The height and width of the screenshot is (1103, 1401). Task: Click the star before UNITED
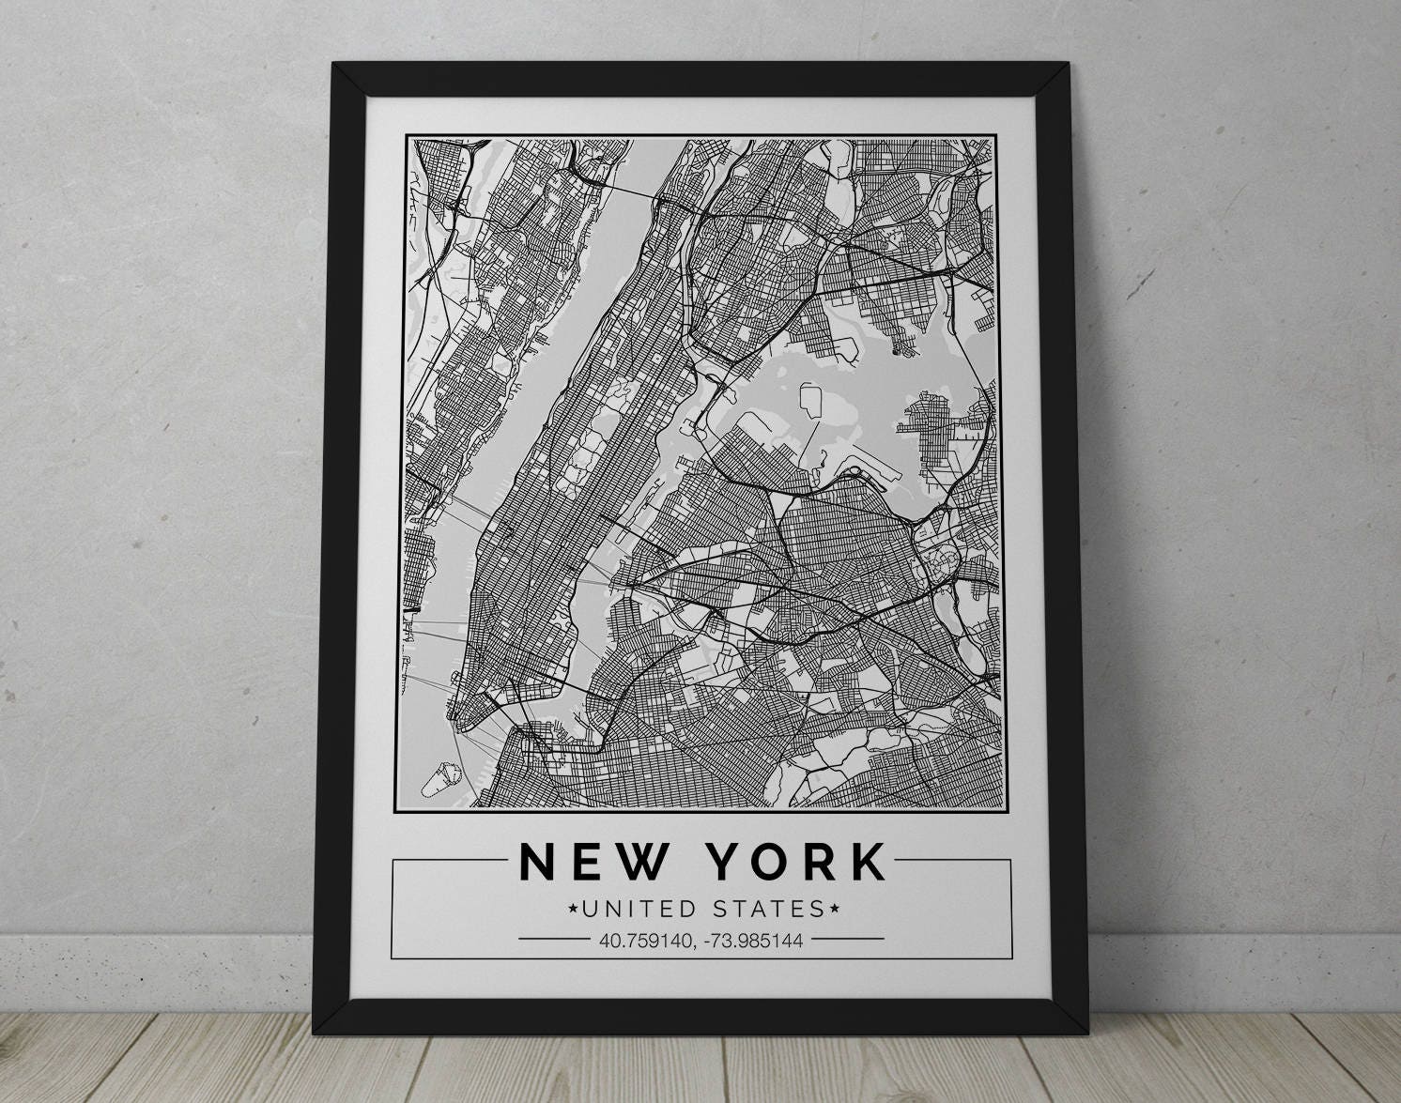[573, 909]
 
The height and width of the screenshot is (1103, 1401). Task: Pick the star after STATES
[831, 908]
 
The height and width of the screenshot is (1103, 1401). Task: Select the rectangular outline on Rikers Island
[808, 403]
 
